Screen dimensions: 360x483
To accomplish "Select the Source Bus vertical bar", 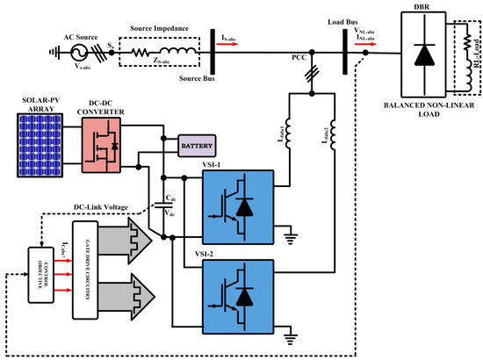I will click(214, 50).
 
